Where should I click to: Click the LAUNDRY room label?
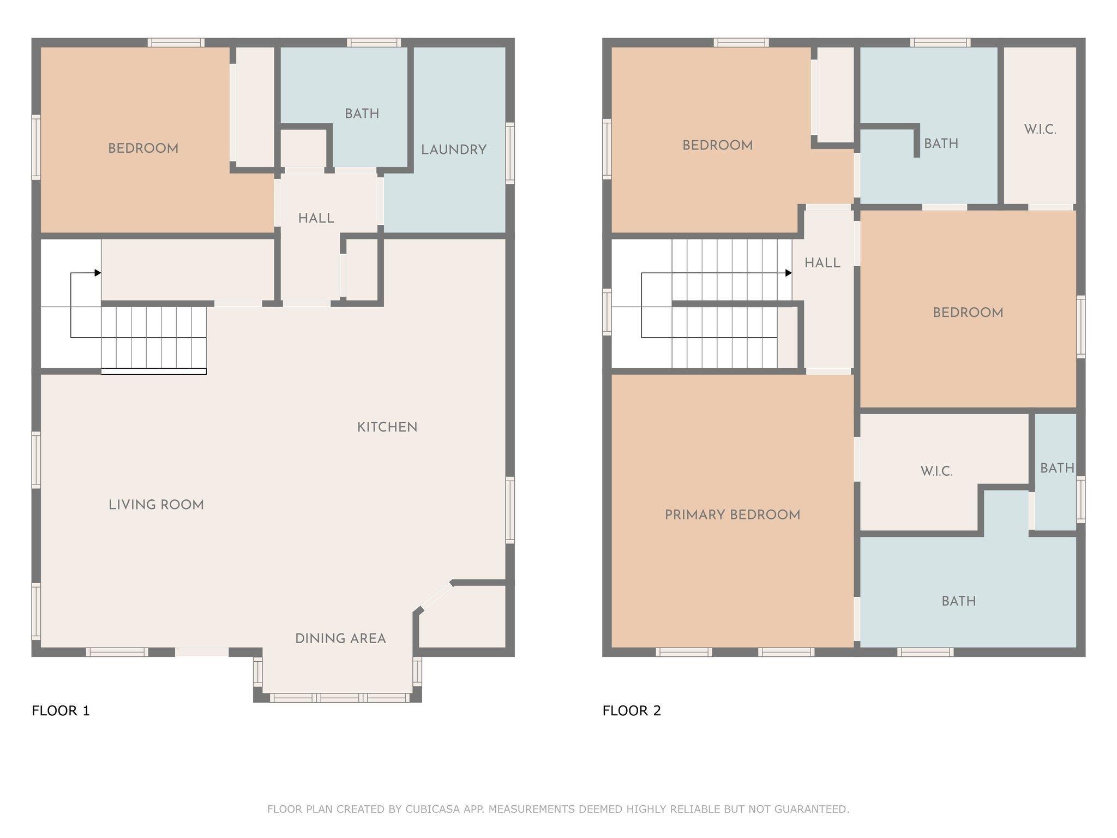coord(454,150)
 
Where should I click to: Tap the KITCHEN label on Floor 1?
coord(387,427)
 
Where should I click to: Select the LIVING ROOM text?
coord(156,505)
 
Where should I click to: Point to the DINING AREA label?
coord(340,639)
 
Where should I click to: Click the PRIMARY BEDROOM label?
coord(732,515)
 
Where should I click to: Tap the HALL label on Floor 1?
coord(316,218)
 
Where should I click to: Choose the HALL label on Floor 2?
coord(822,263)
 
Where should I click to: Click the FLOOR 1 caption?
coord(61,710)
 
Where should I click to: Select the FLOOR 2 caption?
coord(632,710)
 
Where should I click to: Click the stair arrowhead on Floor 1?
coord(98,273)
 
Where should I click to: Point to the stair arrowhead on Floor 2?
coord(789,273)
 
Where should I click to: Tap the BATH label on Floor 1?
coord(362,114)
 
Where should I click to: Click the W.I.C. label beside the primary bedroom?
coord(936,471)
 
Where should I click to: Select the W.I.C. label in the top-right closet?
coord(1040,130)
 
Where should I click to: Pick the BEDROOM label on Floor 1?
coord(143,148)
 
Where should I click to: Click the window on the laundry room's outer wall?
coord(510,153)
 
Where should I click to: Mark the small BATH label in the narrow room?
coord(1057,468)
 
